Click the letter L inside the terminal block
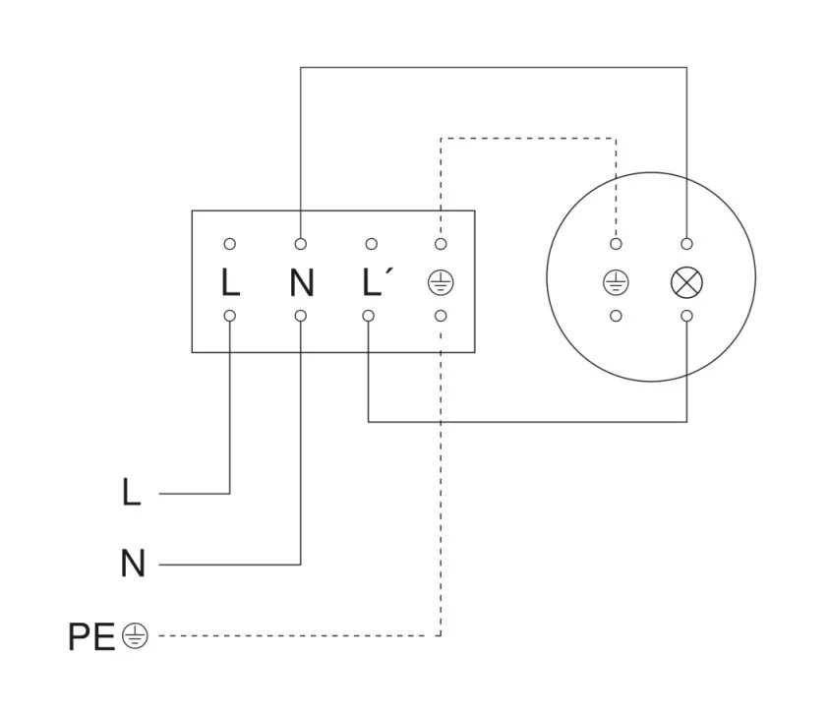click(230, 283)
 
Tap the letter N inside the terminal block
click(302, 283)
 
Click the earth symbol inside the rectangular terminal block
click(441, 283)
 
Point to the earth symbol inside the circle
click(616, 283)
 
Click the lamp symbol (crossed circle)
click(686, 283)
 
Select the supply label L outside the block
click(131, 493)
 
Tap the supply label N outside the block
click(132, 565)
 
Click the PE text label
click(91, 637)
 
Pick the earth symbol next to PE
click(135, 637)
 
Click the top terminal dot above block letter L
click(230, 244)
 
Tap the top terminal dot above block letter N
click(301, 244)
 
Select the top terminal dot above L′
click(371, 244)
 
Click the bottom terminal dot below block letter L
click(230, 316)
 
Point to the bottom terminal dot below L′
click(369, 316)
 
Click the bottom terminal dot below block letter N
click(301, 316)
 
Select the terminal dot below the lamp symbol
click(686, 316)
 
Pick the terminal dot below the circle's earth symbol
click(616, 316)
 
